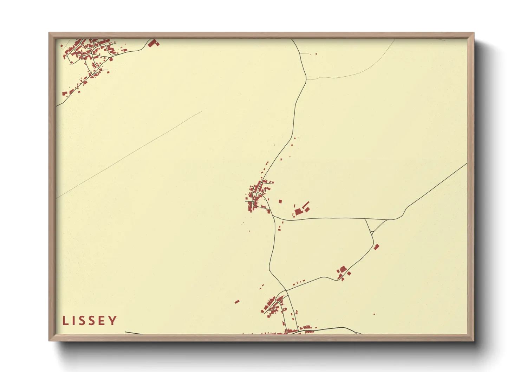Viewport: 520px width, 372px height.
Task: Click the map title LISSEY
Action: click(90, 321)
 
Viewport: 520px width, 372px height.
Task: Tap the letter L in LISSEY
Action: click(65, 321)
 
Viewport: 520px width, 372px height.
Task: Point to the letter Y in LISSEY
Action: click(113, 321)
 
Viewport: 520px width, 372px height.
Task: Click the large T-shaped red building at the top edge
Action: click(153, 43)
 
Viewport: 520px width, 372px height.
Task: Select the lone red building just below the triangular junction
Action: click(377, 247)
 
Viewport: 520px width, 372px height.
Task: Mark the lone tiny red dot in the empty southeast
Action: click(374, 314)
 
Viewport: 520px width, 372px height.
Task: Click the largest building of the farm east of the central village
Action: click(298, 211)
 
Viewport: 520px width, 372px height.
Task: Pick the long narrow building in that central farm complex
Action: click(306, 204)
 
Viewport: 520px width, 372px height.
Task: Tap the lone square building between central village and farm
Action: click(280, 201)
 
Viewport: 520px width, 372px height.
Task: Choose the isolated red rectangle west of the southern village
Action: click(237, 301)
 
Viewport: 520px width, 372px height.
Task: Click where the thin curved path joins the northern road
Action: click(306, 79)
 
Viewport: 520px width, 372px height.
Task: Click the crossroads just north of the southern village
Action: click(286, 291)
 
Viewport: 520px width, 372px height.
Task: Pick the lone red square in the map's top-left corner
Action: click(62, 46)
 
